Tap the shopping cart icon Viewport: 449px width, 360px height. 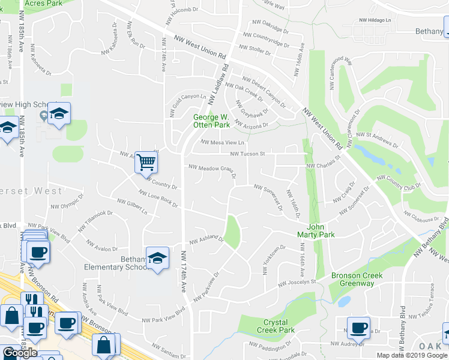tap(146, 162)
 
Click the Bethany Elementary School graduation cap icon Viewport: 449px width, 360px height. tap(157, 258)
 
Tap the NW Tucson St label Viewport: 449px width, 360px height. tap(248, 154)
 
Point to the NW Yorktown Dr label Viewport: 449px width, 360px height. tap(273, 260)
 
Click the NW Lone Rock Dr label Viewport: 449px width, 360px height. tap(158, 199)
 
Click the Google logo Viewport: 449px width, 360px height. tap(20, 353)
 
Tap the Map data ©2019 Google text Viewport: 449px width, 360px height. tap(412, 355)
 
